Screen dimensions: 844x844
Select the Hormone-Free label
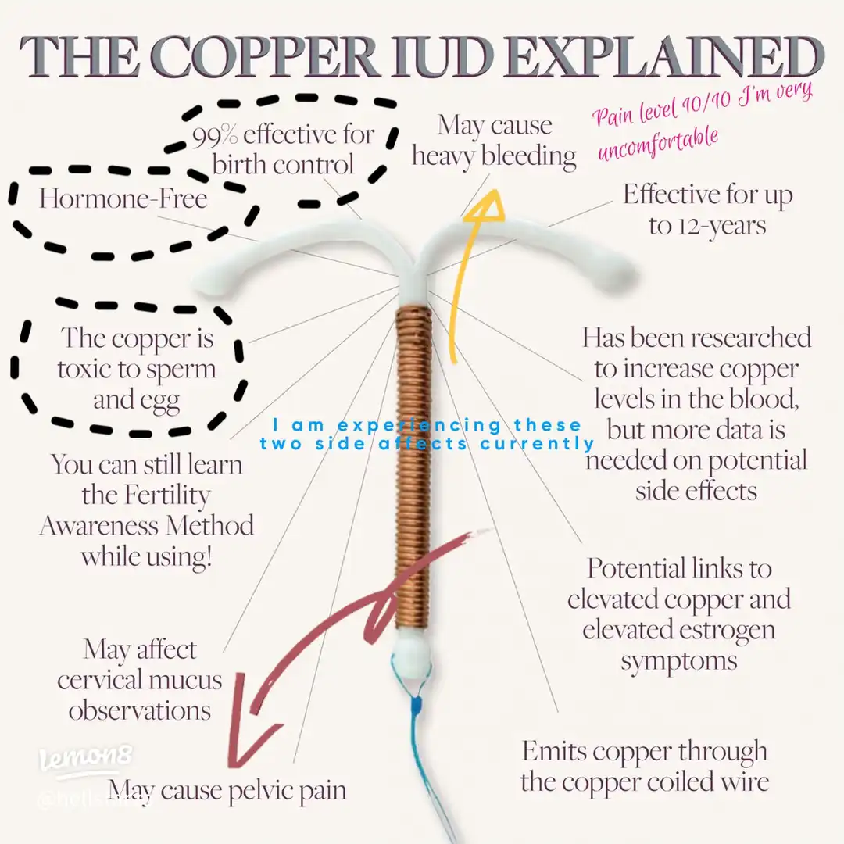pyautogui.click(x=123, y=198)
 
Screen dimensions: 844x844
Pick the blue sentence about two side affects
pyautogui.click(x=427, y=435)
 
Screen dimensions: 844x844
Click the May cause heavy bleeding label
pyautogui.click(x=494, y=141)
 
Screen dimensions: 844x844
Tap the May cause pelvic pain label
pyautogui.click(x=227, y=789)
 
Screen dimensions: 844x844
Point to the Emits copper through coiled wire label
pyautogui.click(x=644, y=766)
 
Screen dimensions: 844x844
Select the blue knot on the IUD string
pyautogui.click(x=419, y=704)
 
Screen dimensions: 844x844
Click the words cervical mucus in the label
pyautogui.click(x=139, y=679)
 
